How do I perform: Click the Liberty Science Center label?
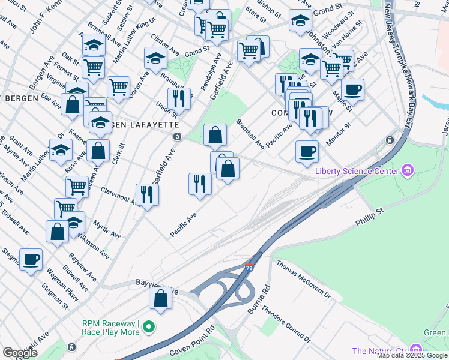356,172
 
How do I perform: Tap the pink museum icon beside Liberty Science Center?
408,172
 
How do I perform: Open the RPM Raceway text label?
111,327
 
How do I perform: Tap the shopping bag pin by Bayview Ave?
161,298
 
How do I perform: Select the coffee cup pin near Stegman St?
31,259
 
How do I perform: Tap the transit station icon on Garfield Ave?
177,137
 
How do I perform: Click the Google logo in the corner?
20,352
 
